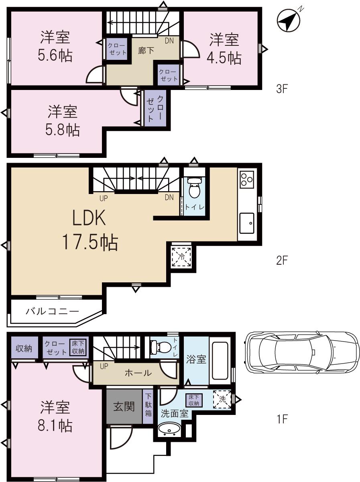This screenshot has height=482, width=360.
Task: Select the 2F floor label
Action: tap(282, 261)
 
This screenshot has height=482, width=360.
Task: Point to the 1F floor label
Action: tap(282, 419)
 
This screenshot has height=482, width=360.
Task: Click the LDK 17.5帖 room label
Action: tap(89, 231)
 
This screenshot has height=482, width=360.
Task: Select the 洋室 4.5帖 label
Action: tap(224, 49)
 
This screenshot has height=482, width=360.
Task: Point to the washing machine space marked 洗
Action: tap(222, 400)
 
